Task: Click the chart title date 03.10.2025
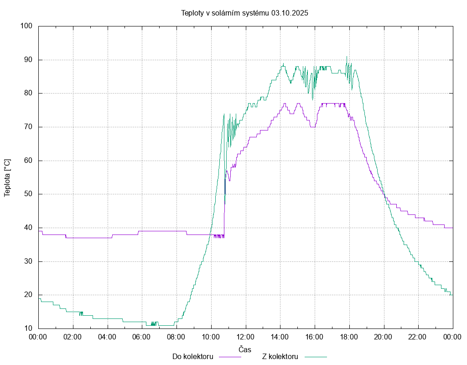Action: click(x=290, y=13)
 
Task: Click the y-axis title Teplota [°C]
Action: click(x=7, y=177)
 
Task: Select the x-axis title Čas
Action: click(x=245, y=349)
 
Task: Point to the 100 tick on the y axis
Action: click(x=26, y=26)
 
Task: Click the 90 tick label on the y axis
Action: click(x=28, y=60)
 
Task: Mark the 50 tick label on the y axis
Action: click(x=28, y=194)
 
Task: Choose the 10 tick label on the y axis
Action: click(x=28, y=328)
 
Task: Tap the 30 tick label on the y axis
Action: click(x=28, y=261)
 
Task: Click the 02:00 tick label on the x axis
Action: click(x=73, y=337)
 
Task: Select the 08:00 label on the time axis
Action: click(x=176, y=337)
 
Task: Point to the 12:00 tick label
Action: click(x=245, y=337)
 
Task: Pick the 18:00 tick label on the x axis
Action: click(x=349, y=337)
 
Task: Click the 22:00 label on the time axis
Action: click(x=418, y=337)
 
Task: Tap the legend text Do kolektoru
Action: click(x=193, y=357)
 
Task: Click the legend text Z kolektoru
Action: click(x=280, y=357)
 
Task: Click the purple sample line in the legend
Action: click(x=230, y=357)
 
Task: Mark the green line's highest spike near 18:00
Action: click(x=347, y=57)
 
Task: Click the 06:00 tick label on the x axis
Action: click(x=142, y=337)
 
